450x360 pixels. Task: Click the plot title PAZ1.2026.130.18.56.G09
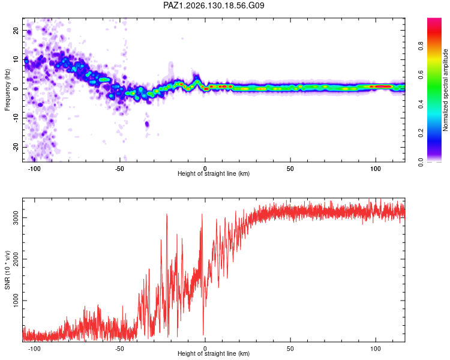(x=214, y=5)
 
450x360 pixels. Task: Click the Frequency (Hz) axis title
(x=7, y=90)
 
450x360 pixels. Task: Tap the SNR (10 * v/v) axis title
(x=7, y=270)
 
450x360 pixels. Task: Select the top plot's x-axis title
(x=214, y=173)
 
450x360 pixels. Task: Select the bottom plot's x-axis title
(x=214, y=353)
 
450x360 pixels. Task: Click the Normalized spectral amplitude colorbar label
(x=445, y=90)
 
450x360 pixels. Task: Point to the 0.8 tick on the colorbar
(x=421, y=46)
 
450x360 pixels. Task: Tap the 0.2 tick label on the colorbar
(x=421, y=133)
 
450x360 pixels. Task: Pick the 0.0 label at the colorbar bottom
(x=421, y=162)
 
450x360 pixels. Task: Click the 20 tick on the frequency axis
(x=16, y=31)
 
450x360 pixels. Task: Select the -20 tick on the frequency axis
(x=16, y=148)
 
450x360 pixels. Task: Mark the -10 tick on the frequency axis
(x=16, y=118)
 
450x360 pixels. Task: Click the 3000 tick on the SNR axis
(x=16, y=218)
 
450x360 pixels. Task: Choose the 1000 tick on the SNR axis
(x=16, y=301)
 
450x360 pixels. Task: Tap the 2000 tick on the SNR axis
(x=16, y=259)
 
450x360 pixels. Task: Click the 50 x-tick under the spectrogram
(x=290, y=169)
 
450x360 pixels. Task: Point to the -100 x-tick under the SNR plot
(x=34, y=349)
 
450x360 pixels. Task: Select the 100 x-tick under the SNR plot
(x=376, y=349)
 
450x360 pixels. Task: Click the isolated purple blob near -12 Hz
(x=147, y=124)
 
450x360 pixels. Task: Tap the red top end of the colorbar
(x=434, y=20)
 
